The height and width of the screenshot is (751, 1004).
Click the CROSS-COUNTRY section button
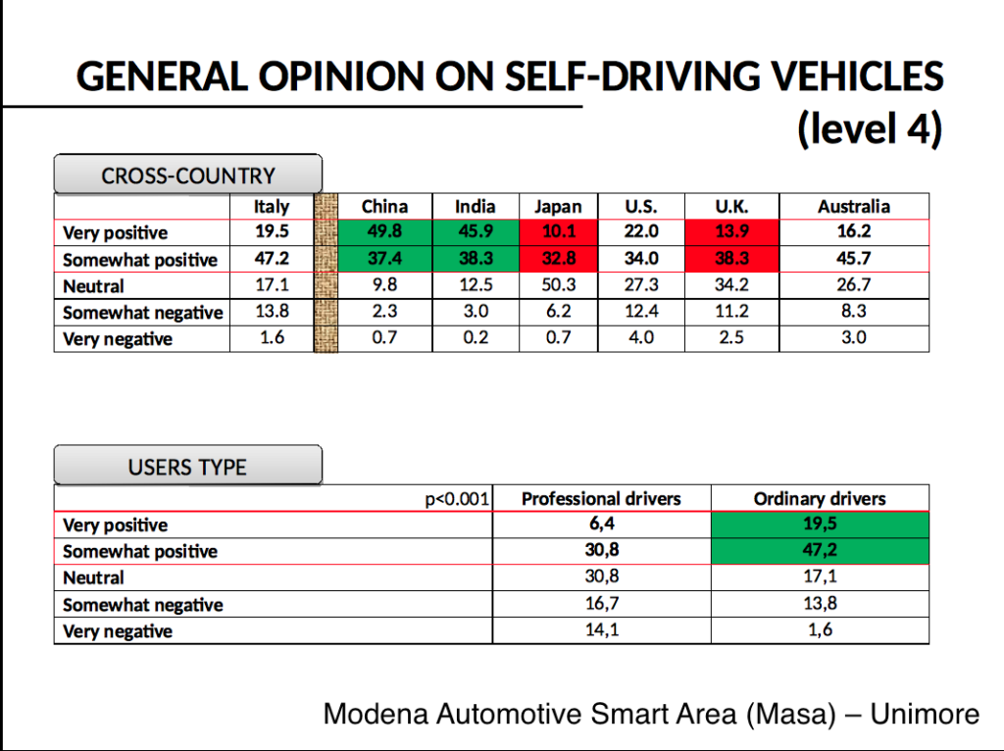click(187, 176)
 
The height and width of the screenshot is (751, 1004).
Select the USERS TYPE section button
click(187, 467)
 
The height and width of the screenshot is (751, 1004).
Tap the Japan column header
click(557, 207)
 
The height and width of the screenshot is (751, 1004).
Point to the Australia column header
click(853, 207)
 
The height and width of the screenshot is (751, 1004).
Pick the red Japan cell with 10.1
click(557, 232)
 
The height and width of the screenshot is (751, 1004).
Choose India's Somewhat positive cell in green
click(475, 259)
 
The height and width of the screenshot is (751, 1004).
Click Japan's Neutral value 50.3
click(557, 285)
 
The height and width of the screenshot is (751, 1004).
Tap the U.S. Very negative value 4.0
click(640, 338)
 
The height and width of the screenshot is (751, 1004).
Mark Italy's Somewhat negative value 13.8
click(272, 312)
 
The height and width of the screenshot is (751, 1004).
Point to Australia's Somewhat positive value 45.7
click(853, 259)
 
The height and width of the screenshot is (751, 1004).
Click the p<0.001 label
click(457, 499)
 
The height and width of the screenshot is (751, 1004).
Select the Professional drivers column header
click(600, 499)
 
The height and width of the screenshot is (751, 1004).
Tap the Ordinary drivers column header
click(819, 499)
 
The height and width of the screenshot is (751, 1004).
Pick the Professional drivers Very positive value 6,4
click(600, 525)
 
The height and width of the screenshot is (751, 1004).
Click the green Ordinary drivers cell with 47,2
click(819, 550)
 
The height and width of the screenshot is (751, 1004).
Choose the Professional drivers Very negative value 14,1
click(600, 630)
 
